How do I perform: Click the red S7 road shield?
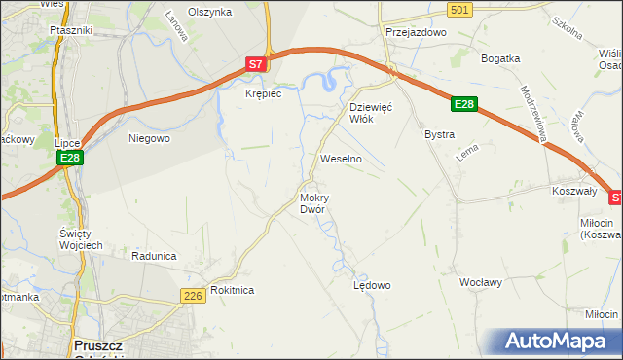255,64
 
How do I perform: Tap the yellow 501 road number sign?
461,9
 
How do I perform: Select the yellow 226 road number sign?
192,295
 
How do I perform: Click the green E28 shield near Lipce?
68,158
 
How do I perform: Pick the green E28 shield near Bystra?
465,105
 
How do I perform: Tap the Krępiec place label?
263,93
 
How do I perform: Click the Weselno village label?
341,158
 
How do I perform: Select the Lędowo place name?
372,286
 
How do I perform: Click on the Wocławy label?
480,282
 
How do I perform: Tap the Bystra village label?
439,134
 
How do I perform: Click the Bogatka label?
501,58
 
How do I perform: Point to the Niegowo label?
150,138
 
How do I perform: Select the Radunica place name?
154,256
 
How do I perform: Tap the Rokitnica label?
232,290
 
